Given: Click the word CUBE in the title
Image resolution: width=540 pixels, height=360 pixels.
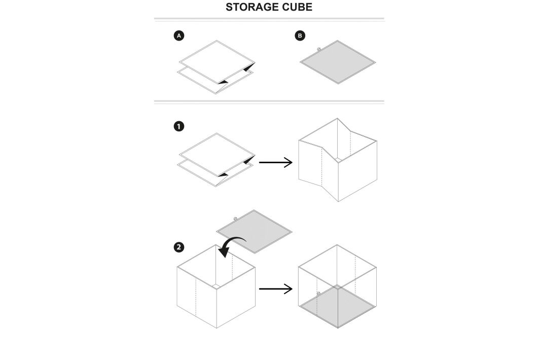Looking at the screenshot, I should [x=296, y=7].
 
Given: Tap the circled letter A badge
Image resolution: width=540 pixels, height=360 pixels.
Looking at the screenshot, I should [x=178, y=36].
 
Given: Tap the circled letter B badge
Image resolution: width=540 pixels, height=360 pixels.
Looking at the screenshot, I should [x=300, y=36].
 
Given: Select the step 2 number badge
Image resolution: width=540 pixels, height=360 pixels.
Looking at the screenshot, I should [x=178, y=247].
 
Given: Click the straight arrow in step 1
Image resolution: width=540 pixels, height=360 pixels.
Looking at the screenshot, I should [x=275, y=162].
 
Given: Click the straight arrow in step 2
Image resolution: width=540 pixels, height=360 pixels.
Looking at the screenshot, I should [x=275, y=289].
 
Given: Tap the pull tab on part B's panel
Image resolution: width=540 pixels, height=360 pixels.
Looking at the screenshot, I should [x=318, y=49].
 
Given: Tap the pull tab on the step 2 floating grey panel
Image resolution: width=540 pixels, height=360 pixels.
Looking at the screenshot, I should [x=235, y=219].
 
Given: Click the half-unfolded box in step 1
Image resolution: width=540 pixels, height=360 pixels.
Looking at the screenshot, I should [x=337, y=160].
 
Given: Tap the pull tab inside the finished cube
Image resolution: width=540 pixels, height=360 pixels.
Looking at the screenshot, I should [x=318, y=294].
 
